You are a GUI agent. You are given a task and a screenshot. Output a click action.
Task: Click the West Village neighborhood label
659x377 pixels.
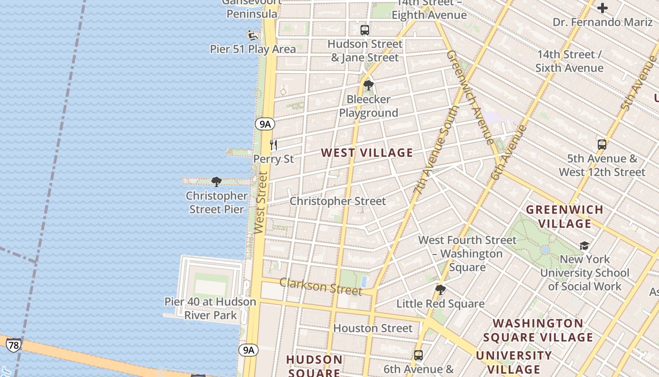point(367,153)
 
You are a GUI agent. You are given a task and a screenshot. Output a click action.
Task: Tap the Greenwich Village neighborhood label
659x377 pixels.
point(564,216)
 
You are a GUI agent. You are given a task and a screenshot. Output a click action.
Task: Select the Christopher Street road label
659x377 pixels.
point(338,201)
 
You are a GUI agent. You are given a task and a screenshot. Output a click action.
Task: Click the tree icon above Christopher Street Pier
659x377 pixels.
point(217,181)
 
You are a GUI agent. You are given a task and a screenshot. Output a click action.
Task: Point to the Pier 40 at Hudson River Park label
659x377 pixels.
point(210,308)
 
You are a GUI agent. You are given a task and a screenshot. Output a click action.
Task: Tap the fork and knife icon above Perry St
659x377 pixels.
point(273,145)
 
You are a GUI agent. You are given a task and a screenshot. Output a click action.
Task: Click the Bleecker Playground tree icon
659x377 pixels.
point(368,85)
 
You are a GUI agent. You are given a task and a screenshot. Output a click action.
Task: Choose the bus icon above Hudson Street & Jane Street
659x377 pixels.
point(365,30)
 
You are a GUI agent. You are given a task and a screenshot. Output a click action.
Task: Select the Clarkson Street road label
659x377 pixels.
point(321,286)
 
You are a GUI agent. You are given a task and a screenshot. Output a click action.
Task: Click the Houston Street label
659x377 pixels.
point(373,328)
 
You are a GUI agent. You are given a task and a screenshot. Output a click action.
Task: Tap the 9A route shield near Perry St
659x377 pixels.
point(265,124)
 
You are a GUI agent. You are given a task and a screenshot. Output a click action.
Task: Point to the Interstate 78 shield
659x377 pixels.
point(14,345)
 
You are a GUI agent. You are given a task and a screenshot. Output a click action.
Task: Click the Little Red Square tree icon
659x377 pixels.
point(441,289)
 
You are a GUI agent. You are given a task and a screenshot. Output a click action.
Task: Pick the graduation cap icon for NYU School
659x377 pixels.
point(584,246)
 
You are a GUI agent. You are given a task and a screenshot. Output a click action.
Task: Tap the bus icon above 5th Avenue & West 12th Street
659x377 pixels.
point(602,144)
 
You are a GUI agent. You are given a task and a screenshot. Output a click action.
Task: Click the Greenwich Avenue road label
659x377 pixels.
point(470,96)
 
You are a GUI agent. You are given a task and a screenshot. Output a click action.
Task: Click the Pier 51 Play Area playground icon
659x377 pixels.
point(253,35)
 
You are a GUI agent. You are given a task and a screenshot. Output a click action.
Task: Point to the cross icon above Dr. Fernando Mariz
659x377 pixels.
point(603,8)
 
